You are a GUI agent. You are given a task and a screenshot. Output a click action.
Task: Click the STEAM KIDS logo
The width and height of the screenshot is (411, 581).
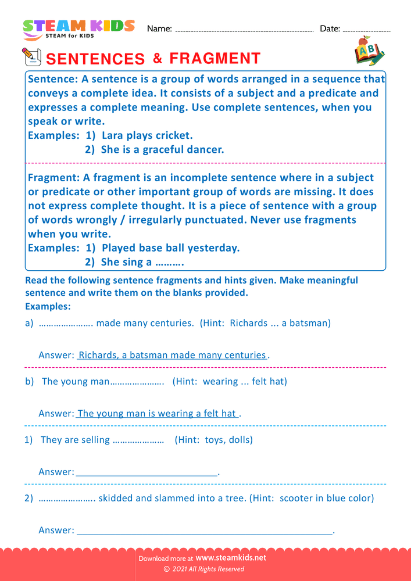78,30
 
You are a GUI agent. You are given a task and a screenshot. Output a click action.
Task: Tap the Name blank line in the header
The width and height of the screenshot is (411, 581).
244,30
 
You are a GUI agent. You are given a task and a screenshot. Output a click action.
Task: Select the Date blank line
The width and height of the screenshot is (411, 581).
367,30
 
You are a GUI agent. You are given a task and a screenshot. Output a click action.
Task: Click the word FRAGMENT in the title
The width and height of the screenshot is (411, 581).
215,58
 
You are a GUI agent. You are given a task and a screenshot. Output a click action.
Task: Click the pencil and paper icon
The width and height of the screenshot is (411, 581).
31,56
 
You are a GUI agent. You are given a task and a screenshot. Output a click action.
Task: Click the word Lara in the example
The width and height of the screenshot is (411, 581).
113,135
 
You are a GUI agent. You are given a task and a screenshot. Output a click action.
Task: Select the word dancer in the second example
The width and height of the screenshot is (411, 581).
204,149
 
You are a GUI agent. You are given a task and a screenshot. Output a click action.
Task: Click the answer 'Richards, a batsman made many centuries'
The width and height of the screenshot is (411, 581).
172,355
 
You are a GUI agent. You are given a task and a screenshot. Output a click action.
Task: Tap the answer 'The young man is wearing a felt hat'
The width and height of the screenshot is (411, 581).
157,414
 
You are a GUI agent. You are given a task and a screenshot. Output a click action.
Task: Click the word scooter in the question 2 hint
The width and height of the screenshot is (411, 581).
298,498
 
